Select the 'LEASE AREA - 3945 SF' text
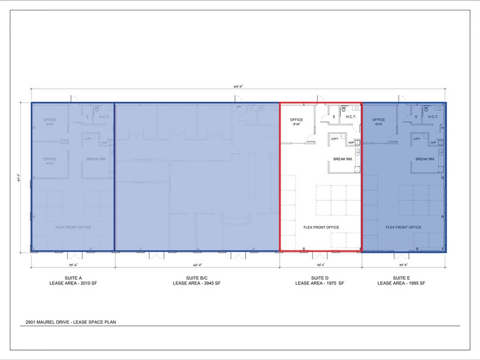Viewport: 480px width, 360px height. click(x=197, y=283)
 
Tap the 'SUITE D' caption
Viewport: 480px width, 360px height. click(x=320, y=277)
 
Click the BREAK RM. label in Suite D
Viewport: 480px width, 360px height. click(x=342, y=159)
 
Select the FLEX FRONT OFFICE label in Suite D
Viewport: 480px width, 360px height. click(x=321, y=227)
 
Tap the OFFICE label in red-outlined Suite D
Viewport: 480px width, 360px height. click(x=296, y=119)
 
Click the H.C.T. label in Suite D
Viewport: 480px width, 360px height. click(x=351, y=116)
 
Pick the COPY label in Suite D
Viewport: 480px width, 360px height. click(x=335, y=139)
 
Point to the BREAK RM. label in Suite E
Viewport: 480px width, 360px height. click(x=425, y=159)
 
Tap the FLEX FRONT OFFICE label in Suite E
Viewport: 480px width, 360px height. click(x=403, y=227)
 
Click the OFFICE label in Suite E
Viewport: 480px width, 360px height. click(x=378, y=119)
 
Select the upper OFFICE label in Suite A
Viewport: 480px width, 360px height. click(x=50, y=119)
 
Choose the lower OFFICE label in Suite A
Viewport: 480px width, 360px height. click(x=50, y=159)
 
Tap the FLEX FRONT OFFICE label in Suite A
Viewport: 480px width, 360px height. click(x=73, y=227)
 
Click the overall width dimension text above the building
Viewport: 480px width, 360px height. click(x=239, y=87)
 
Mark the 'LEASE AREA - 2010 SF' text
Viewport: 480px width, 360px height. click(x=73, y=283)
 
